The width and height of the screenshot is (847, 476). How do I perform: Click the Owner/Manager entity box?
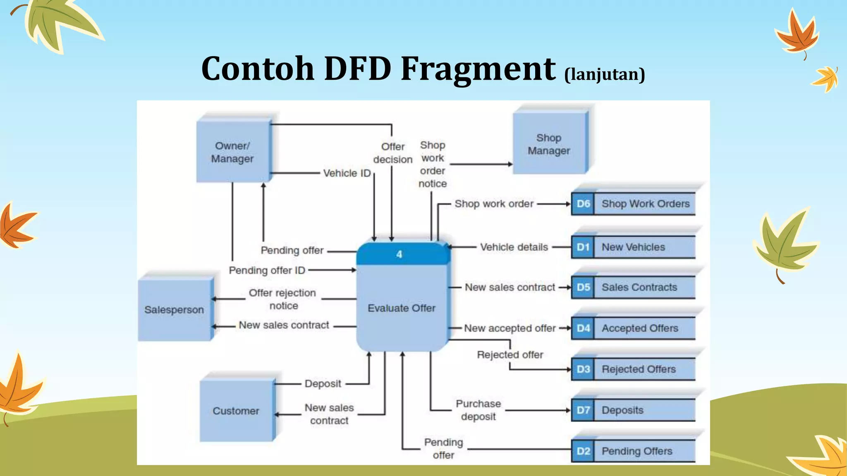232,152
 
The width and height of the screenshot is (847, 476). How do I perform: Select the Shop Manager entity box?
549,144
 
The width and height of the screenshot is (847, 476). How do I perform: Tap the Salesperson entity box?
174,309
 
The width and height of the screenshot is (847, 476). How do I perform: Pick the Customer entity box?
236,411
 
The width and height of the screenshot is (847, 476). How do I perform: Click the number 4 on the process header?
399,254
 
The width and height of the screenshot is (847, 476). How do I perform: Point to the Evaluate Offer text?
402,308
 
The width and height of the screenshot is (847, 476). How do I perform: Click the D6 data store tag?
583,204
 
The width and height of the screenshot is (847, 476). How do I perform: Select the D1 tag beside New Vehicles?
583,247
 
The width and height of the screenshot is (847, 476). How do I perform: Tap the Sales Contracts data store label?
639,287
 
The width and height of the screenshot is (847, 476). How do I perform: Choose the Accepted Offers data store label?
640,328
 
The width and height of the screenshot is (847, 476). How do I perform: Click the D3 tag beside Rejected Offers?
583,369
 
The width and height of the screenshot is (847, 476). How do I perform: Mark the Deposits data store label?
622,410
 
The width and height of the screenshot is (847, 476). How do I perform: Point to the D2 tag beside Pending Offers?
583,451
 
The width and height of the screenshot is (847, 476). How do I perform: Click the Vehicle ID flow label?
347,173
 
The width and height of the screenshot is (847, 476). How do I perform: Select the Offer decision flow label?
392,153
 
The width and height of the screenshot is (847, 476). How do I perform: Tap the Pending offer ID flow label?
267,270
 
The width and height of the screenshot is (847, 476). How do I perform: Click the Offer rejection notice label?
282,299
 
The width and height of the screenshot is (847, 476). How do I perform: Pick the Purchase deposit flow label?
478,410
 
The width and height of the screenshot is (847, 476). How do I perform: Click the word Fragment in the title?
478,68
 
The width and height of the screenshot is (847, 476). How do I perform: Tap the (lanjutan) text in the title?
604,74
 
